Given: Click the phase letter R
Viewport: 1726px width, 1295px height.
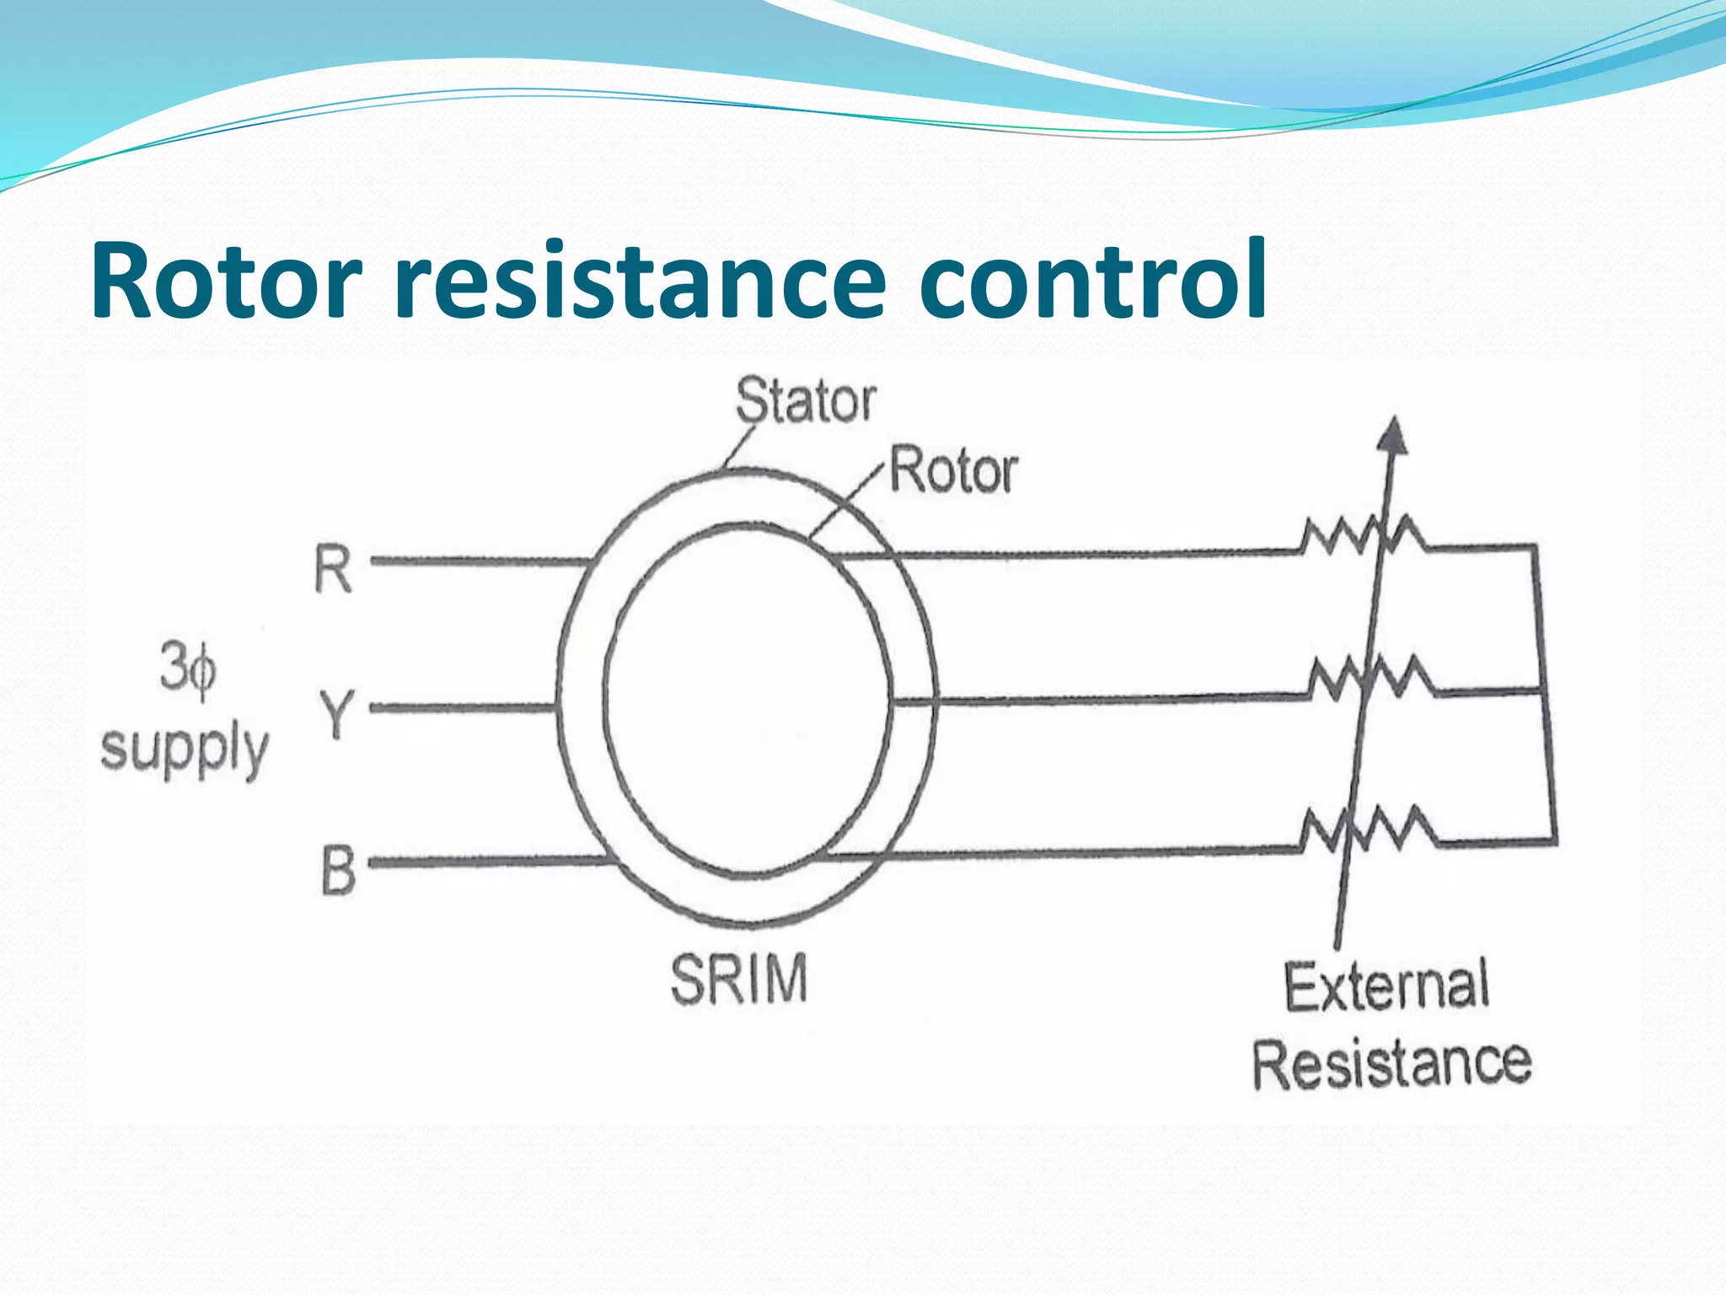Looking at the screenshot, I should click(x=332, y=570).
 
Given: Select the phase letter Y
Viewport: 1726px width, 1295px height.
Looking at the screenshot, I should click(x=336, y=713).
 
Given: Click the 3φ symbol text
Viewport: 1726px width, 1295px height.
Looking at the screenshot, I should click(x=188, y=670).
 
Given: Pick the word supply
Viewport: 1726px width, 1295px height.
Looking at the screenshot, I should click(x=184, y=748).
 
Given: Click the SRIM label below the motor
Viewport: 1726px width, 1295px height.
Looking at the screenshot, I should click(x=738, y=980).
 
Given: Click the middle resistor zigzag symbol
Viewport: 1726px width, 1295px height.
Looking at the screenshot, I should click(x=1370, y=679).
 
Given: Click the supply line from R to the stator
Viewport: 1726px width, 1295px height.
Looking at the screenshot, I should click(x=480, y=561).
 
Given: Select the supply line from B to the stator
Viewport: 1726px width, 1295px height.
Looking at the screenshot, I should click(x=489, y=862).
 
